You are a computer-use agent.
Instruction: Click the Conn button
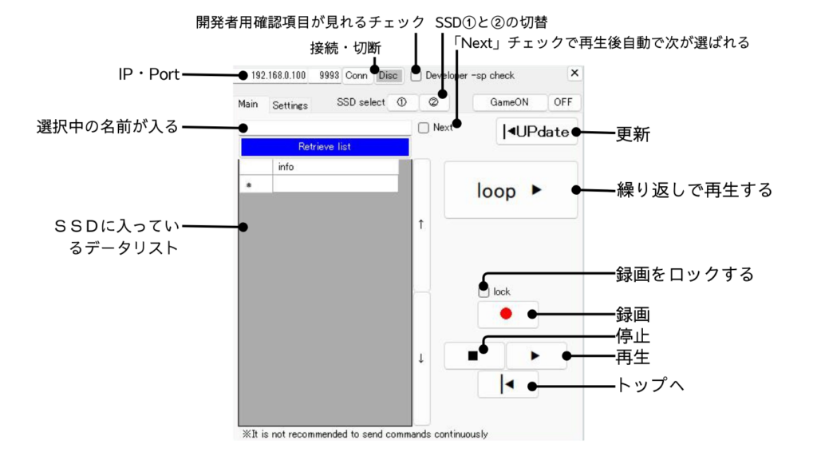coord(357,76)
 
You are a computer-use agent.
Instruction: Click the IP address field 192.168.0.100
coord(278,76)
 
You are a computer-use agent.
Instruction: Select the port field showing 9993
coord(329,76)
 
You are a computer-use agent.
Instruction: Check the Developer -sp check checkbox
coord(416,76)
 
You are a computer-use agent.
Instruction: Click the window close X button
coord(574,73)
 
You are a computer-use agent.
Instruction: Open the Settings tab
coord(290,105)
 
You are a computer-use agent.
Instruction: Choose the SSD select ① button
coord(402,102)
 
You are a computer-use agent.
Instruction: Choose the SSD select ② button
coord(433,102)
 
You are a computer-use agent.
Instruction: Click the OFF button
coord(564,102)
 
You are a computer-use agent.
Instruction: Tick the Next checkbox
coord(424,127)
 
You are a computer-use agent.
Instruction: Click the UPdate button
coord(537,131)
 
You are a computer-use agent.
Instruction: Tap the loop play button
coord(511,190)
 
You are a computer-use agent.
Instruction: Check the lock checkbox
coord(483,291)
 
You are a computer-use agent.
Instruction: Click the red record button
coord(507,314)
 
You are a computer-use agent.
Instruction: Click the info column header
coord(335,167)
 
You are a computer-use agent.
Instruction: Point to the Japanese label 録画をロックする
coord(685,275)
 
